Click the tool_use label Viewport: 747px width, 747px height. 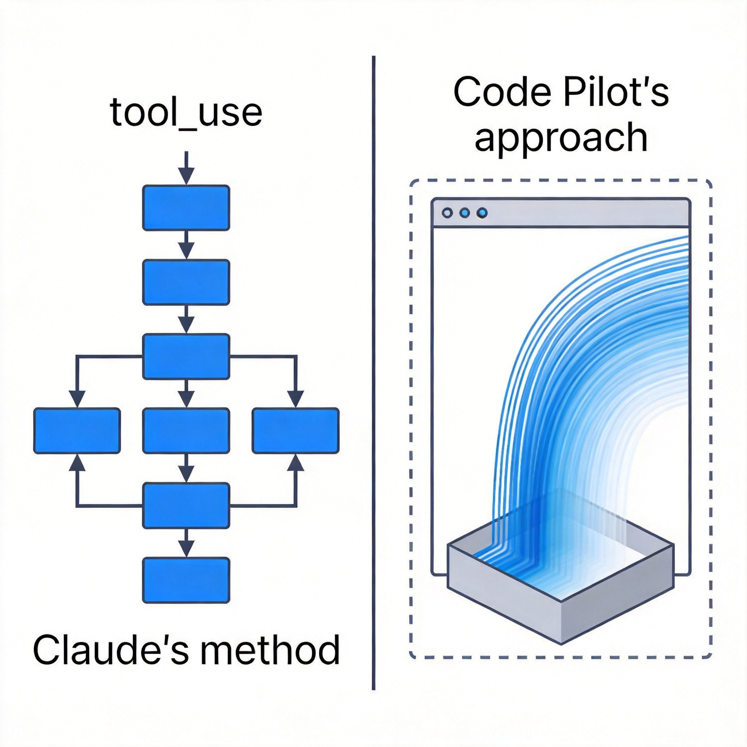pos(186,112)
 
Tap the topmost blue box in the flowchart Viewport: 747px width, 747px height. pos(186,208)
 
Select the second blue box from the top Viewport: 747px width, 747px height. pos(186,282)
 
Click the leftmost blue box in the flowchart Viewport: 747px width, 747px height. pos(77,430)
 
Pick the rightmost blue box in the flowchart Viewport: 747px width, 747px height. pos(295,430)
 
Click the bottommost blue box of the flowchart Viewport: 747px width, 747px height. pos(186,580)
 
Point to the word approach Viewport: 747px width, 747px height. pos(561,138)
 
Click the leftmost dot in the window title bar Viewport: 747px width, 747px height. pos(447,213)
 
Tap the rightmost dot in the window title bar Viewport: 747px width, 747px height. pos(482,213)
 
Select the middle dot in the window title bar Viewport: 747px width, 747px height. pos(465,213)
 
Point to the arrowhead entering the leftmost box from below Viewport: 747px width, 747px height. pos(77,462)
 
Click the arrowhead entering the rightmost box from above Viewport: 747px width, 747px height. pos(296,399)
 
